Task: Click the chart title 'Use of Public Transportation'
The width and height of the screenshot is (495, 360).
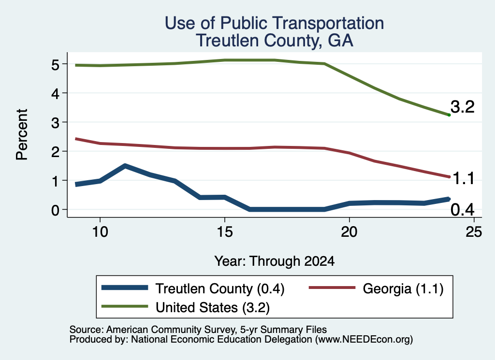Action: click(x=275, y=23)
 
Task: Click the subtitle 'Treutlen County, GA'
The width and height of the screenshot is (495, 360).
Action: click(x=275, y=41)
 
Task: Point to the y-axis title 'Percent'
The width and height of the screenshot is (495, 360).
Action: click(x=22, y=134)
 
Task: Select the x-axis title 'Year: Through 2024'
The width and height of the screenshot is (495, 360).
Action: click(x=275, y=261)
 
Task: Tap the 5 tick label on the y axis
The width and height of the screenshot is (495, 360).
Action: click(x=55, y=65)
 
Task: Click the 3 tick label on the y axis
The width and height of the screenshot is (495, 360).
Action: click(x=55, y=123)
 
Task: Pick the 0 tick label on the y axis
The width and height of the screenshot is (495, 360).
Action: click(x=55, y=210)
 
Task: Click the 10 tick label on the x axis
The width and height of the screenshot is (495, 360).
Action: click(x=100, y=232)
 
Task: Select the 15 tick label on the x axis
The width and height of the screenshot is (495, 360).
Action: click(x=225, y=232)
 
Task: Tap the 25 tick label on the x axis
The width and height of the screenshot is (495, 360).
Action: click(x=474, y=232)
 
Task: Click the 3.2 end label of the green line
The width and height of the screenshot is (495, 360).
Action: click(x=463, y=107)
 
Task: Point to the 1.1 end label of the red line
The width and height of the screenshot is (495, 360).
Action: click(x=464, y=179)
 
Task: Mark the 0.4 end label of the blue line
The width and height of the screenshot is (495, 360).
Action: click(x=463, y=210)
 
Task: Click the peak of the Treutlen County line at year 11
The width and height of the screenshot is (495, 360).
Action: click(x=125, y=166)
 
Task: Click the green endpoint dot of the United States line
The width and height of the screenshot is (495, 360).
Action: click(x=449, y=115)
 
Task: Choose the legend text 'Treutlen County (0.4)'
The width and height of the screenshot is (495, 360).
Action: click(x=220, y=288)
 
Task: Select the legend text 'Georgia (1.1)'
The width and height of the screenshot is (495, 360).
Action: click(x=403, y=288)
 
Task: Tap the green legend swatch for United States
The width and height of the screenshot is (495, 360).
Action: click(x=125, y=306)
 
